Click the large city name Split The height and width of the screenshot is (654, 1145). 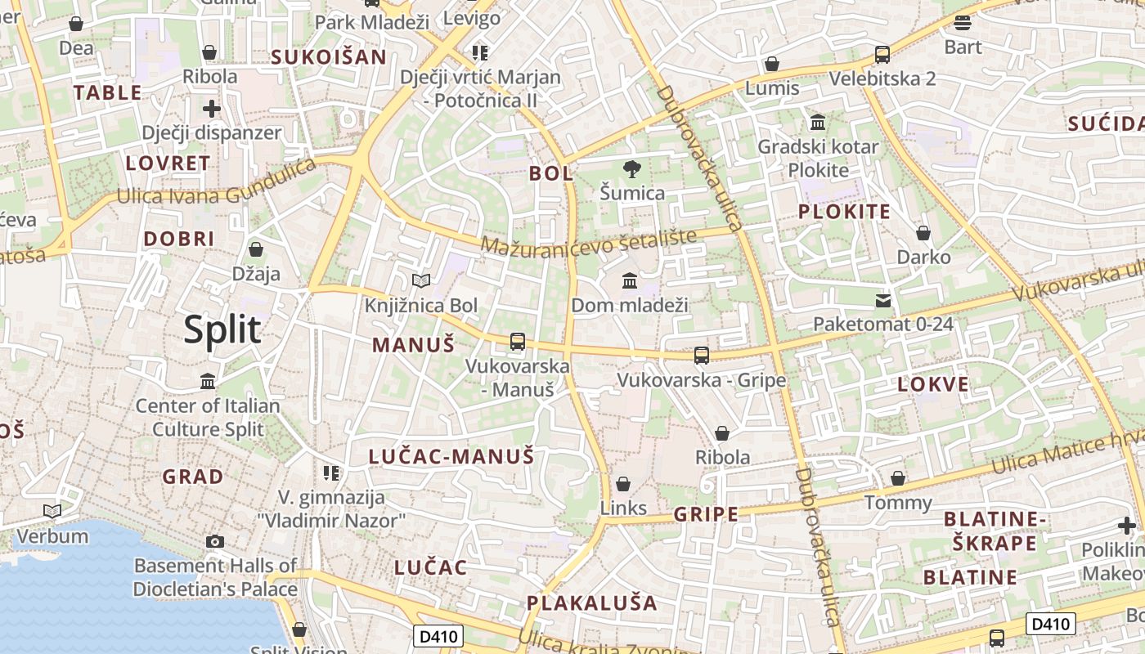[222, 329]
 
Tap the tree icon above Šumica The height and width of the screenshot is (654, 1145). [631, 170]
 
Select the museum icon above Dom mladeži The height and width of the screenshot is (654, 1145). [630, 281]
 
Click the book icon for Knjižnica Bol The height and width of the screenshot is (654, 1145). [421, 281]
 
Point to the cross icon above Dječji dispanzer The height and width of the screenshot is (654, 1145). [212, 108]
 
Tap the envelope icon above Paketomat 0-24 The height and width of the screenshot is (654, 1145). [883, 301]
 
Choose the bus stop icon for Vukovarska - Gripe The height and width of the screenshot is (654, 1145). [701, 356]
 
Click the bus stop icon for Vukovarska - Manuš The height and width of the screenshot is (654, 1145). [517, 342]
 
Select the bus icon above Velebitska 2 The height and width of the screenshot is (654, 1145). [882, 55]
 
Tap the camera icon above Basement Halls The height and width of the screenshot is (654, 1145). [215, 541]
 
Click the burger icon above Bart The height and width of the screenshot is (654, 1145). [963, 23]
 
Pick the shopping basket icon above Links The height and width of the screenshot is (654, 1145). [623, 484]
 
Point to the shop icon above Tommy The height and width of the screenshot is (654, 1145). [898, 478]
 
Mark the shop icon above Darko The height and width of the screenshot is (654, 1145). [923, 233]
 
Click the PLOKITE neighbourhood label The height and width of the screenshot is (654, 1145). [843, 212]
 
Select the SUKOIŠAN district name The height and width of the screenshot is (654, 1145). [328, 56]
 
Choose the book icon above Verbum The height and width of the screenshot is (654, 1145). [52, 512]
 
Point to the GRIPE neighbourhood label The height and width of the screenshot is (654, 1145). [706, 514]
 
